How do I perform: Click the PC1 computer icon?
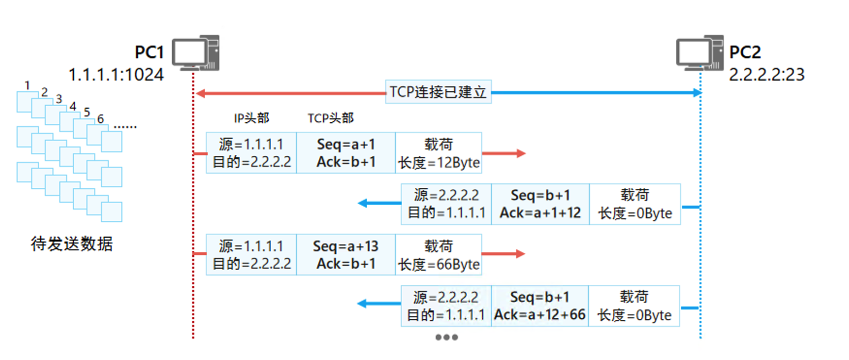pyautogui.click(x=196, y=53)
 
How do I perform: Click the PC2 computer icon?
pyautogui.click(x=700, y=53)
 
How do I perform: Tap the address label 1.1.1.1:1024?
pyautogui.click(x=116, y=75)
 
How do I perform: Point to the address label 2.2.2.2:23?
pyautogui.click(x=767, y=75)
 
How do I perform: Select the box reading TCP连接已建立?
pyautogui.click(x=438, y=92)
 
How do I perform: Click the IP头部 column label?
pyautogui.click(x=251, y=118)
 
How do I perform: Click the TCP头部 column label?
pyautogui.click(x=331, y=118)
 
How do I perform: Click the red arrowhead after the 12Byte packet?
pyautogui.click(x=521, y=153)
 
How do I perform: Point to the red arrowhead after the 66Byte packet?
pyautogui.click(x=521, y=254)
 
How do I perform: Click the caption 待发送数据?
pyautogui.click(x=72, y=244)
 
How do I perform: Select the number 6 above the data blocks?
pyautogui.click(x=100, y=119)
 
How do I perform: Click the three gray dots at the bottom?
pyautogui.click(x=446, y=337)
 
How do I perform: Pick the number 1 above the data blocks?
pyautogui.click(x=28, y=85)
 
